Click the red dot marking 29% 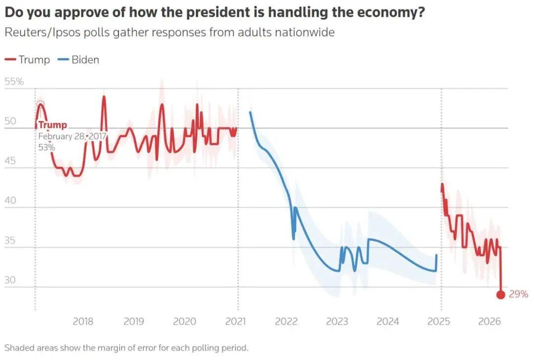500,295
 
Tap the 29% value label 518,294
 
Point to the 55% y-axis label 14,82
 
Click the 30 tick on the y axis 10,280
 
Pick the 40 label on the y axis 10,201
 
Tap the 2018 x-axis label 83,321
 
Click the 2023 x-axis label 337,321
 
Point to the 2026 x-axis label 489,321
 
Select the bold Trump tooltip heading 52,125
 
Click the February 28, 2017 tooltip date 72,136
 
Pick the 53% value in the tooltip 47,147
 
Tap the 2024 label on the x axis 388,321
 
